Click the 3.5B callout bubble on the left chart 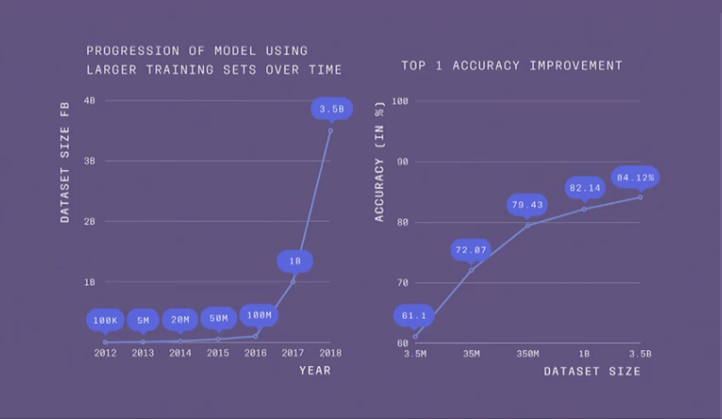tap(331, 109)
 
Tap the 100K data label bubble tap(106, 319)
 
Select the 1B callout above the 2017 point tap(294, 261)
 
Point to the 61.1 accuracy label tap(415, 315)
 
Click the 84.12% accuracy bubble tap(635, 177)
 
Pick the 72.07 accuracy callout tap(471, 249)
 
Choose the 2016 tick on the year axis tap(255, 353)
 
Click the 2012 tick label tap(106, 353)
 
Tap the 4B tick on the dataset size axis tap(90, 101)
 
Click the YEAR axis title tap(314, 371)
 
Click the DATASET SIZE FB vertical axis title tap(65, 175)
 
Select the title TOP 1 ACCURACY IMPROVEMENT tap(511, 65)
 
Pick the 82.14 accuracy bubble tap(584, 188)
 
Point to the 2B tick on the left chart tap(90, 221)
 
